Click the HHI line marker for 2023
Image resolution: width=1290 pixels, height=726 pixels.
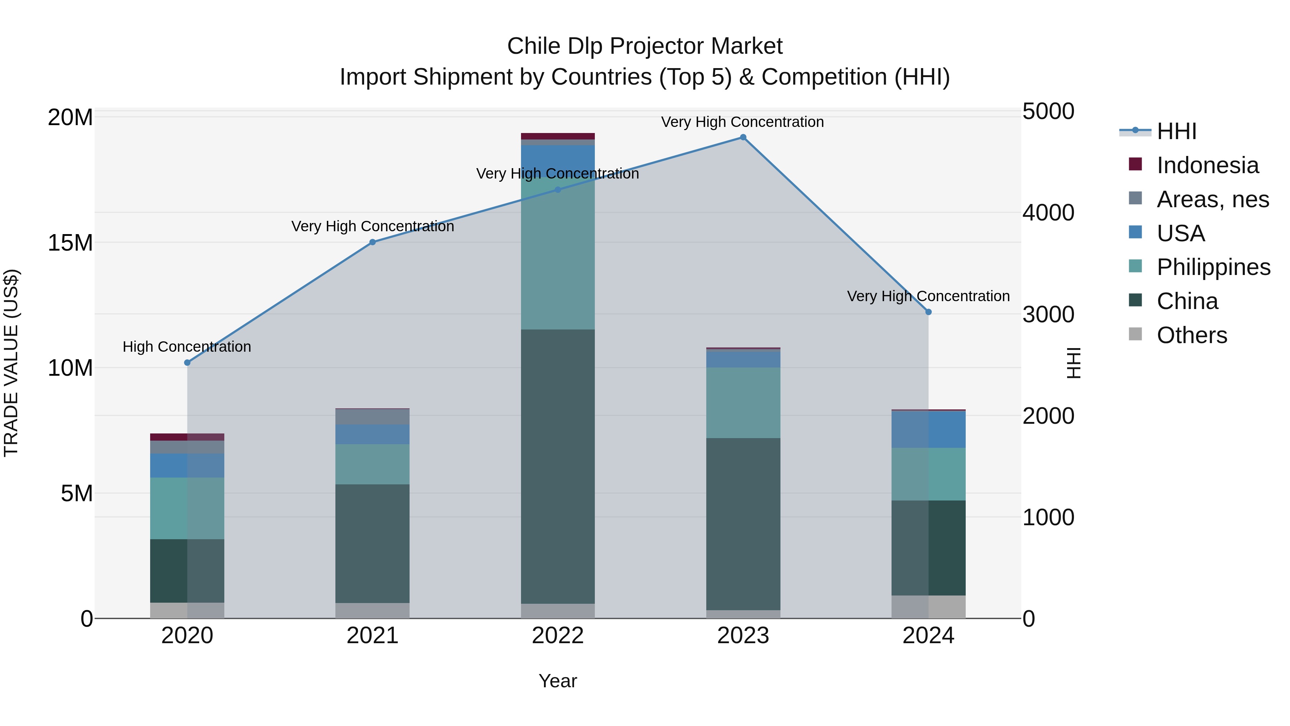[x=743, y=137]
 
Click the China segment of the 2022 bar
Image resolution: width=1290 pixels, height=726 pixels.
[x=558, y=466]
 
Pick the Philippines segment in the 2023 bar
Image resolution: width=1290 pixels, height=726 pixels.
[x=743, y=403]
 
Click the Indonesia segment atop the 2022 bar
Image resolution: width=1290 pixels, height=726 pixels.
[x=558, y=136]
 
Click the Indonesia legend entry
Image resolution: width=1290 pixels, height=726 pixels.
[x=1207, y=165]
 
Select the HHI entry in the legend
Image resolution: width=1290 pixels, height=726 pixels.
[x=1176, y=131]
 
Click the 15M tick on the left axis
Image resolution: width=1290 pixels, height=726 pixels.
[x=70, y=243]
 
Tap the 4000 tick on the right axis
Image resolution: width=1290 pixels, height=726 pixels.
[x=1048, y=213]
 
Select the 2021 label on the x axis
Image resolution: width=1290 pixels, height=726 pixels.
[x=373, y=636]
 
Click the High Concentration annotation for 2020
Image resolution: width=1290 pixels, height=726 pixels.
[x=187, y=347]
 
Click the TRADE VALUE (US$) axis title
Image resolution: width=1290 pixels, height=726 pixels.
[x=11, y=363]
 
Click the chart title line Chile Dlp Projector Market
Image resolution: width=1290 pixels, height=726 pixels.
[x=645, y=46]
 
